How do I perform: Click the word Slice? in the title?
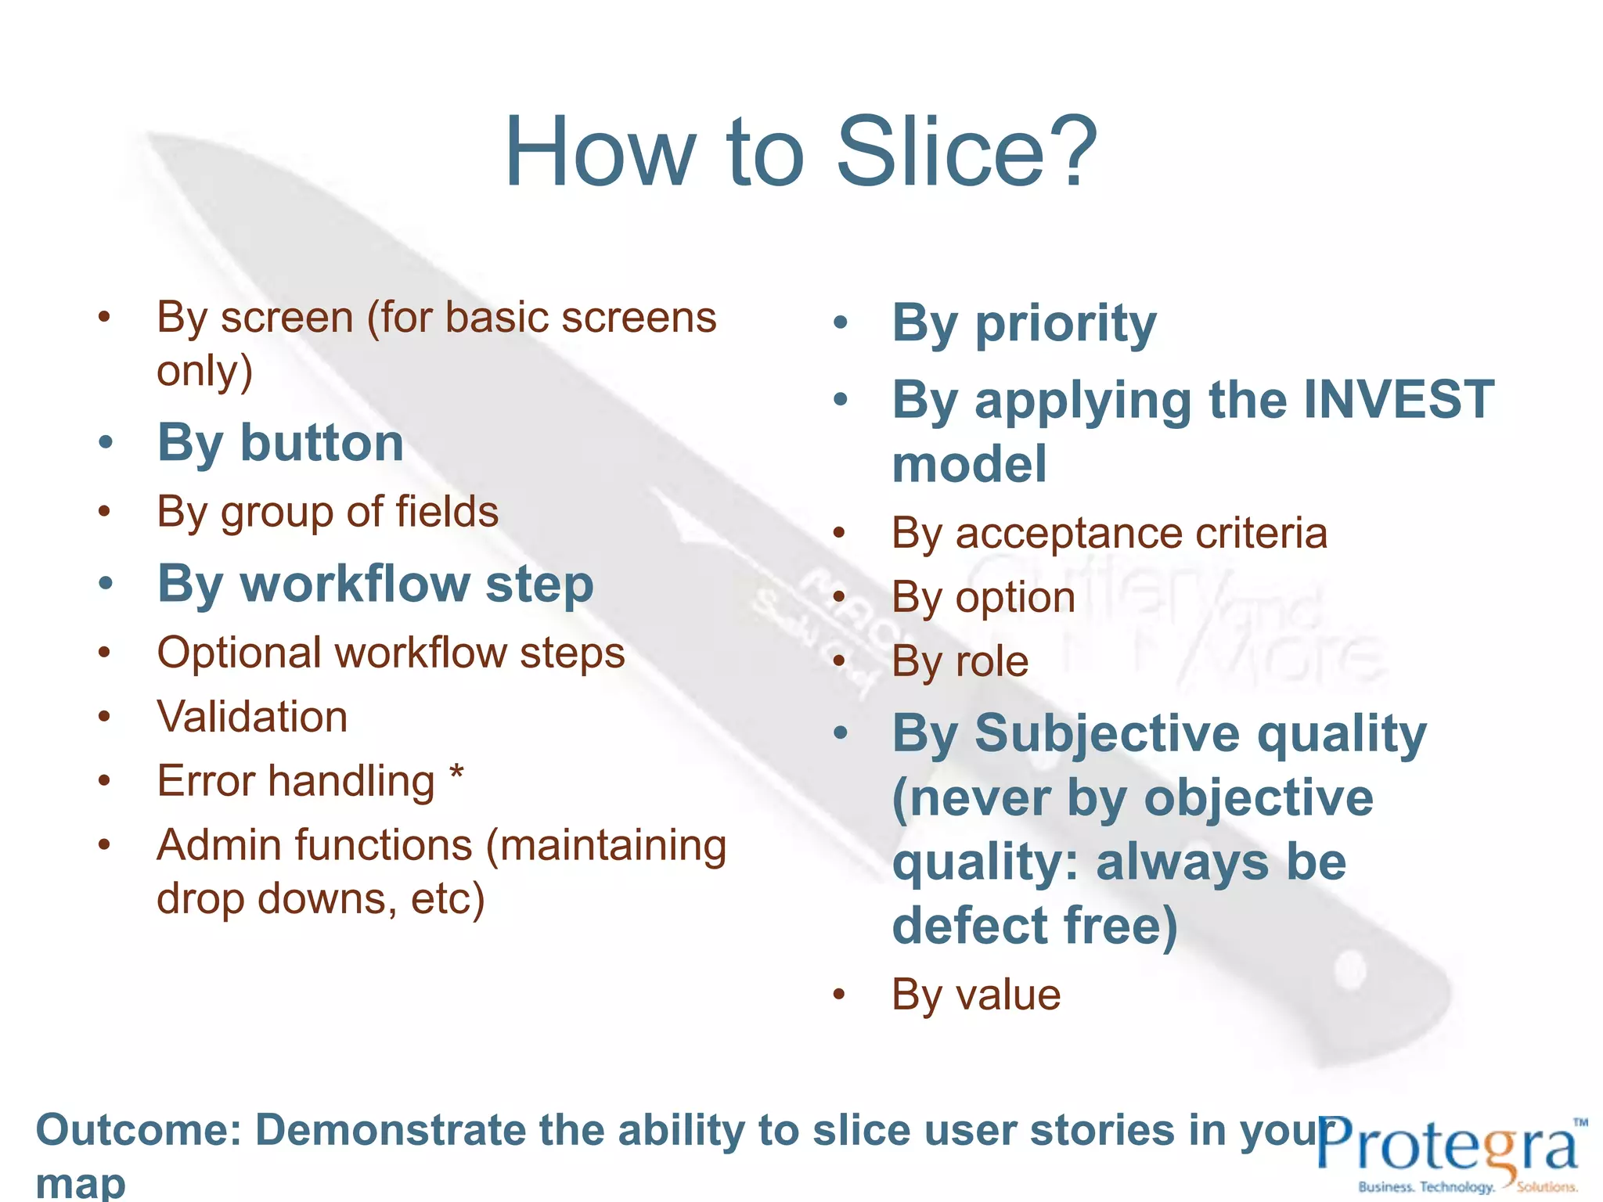tap(967, 153)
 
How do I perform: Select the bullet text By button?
tap(280, 444)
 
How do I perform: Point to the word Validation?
tap(252, 717)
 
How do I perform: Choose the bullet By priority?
tap(1024, 323)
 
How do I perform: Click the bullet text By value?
tap(976, 995)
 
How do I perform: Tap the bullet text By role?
tap(960, 661)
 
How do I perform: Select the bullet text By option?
tap(983, 598)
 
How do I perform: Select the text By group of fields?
tap(327, 513)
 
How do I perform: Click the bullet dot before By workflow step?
tap(106, 583)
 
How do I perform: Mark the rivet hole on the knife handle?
tap(1353, 968)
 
